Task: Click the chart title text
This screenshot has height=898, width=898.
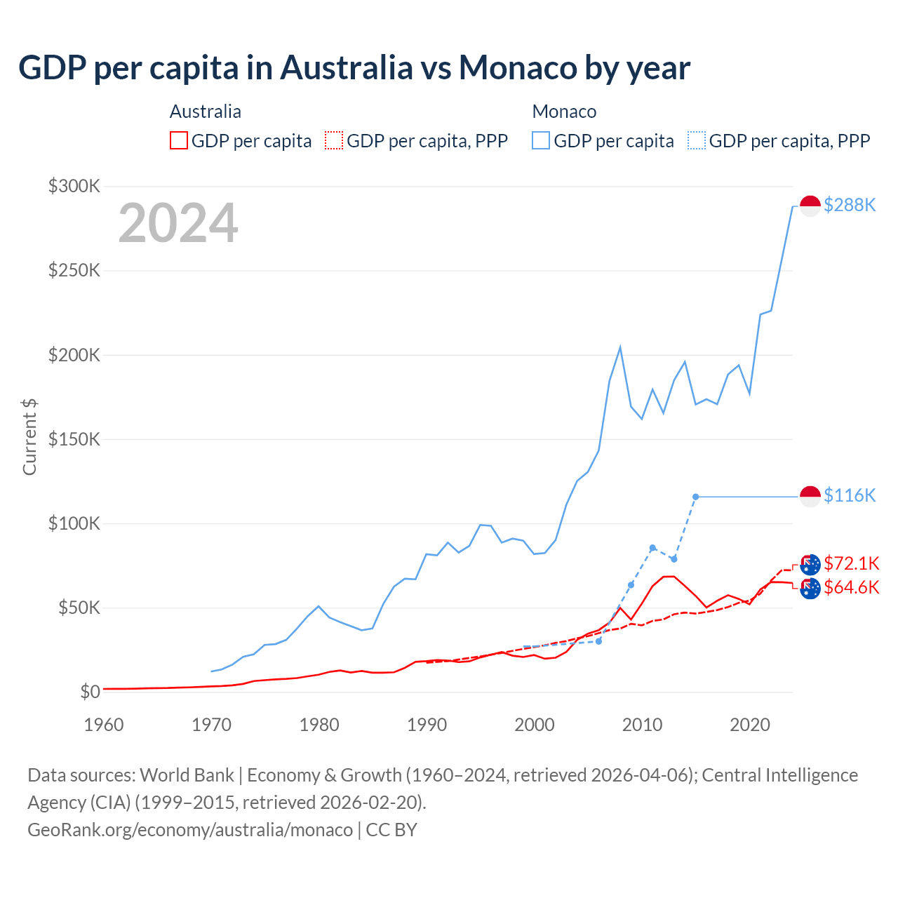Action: click(354, 68)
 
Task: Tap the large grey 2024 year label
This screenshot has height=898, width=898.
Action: click(178, 223)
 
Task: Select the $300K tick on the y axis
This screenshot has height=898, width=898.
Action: click(74, 186)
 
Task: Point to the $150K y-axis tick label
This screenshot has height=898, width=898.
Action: click(74, 439)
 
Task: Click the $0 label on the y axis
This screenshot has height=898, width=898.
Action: click(90, 692)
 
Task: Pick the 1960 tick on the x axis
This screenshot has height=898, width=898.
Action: click(104, 725)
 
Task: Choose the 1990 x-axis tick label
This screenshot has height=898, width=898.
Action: click(427, 725)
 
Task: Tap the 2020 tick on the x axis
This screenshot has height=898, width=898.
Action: click(750, 725)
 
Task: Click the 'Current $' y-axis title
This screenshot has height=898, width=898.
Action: click(29, 436)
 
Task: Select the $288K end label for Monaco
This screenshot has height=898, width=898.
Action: click(850, 205)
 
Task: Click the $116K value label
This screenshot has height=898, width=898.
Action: click(850, 495)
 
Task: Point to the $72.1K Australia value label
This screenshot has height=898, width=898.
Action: click(852, 563)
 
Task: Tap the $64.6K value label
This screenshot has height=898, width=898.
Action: click(852, 587)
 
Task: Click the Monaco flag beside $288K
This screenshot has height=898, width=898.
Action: click(810, 206)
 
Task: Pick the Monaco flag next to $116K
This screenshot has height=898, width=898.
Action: click(810, 497)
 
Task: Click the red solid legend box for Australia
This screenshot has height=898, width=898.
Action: click(179, 141)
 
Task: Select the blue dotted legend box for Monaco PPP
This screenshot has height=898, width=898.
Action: click(697, 141)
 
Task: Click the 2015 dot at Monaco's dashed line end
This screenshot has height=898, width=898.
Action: click(695, 497)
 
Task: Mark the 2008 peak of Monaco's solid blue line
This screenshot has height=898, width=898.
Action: click(620, 347)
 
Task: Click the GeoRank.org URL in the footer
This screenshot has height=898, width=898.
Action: click(190, 830)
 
